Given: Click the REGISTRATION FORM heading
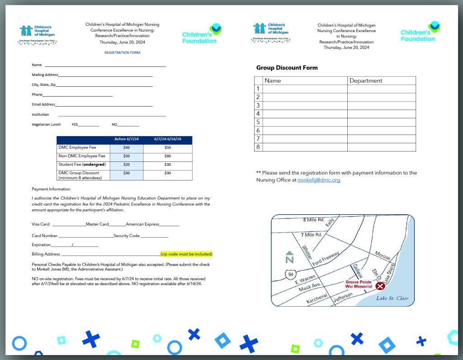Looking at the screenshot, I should [x=122, y=52].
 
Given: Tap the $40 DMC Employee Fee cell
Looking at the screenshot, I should [x=126, y=147].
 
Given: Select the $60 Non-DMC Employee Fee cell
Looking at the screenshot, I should [x=167, y=156].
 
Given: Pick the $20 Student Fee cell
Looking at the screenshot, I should [x=126, y=165].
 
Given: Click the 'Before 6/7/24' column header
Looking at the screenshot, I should [x=126, y=139].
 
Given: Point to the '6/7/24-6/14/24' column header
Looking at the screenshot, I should [x=167, y=139].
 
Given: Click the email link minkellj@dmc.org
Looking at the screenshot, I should [x=319, y=180].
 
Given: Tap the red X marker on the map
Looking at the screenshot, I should [x=380, y=286].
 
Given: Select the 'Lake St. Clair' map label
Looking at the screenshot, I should [x=392, y=298].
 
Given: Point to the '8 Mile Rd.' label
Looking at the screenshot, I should [x=313, y=220].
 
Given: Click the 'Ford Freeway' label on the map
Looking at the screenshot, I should [x=326, y=258].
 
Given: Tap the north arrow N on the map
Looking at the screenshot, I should [x=290, y=257].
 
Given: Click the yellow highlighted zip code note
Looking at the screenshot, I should [x=186, y=254].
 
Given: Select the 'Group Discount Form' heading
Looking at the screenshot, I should [x=287, y=68].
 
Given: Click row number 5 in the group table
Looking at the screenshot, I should [x=258, y=122].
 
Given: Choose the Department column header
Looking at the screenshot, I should [x=366, y=81].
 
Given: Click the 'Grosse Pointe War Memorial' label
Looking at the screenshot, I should [x=359, y=284].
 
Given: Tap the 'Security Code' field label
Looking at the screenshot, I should [x=127, y=236].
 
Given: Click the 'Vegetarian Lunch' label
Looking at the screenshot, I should [x=46, y=124].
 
